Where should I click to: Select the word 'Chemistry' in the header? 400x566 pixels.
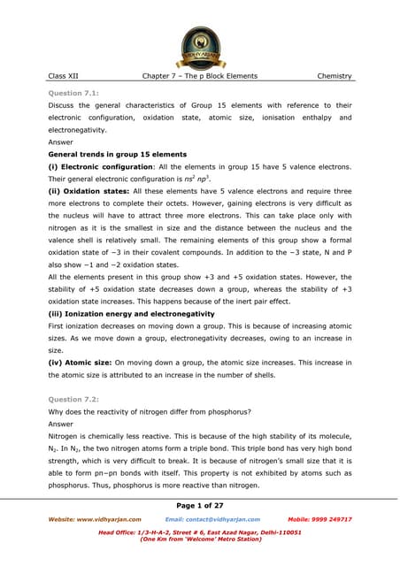(x=335, y=76)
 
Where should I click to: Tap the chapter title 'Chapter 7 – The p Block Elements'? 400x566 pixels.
(x=199, y=76)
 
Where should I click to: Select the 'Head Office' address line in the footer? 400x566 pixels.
(x=199, y=533)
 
